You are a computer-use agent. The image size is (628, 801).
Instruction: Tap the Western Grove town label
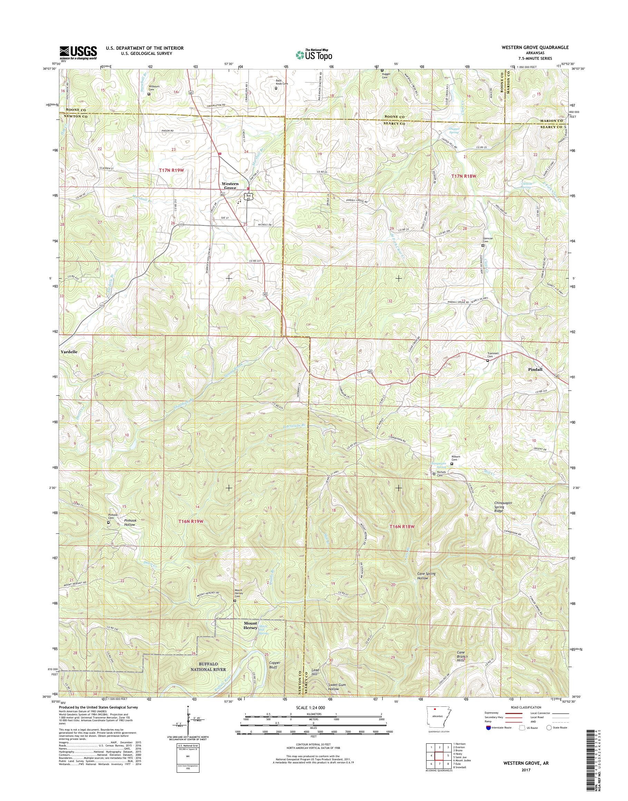pyautogui.click(x=230, y=186)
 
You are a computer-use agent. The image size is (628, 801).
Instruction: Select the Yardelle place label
pyautogui.click(x=69, y=352)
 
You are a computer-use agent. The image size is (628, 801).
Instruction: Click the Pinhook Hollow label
pyautogui.click(x=130, y=522)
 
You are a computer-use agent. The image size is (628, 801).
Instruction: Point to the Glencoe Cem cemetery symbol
pyautogui.click(x=483, y=245)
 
